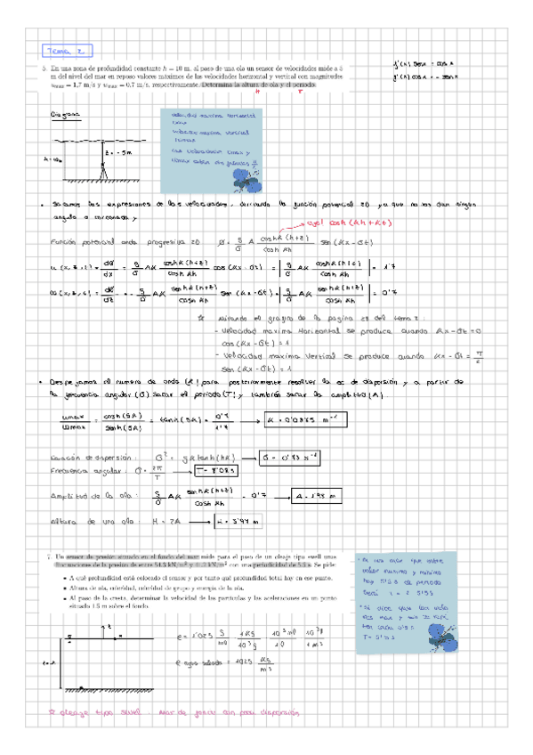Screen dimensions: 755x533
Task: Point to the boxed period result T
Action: click(x=214, y=472)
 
